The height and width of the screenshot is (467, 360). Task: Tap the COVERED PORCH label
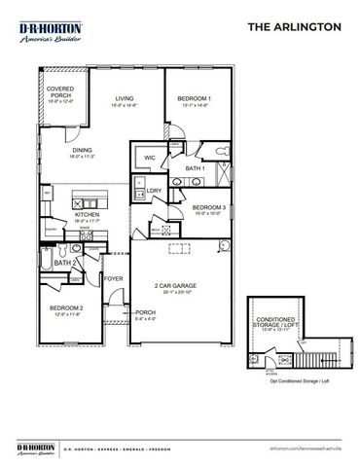60,94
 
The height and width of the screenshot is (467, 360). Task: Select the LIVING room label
125,100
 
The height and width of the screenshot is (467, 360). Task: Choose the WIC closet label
150,156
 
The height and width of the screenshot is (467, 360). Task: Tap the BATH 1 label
194,168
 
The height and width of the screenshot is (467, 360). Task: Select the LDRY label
154,191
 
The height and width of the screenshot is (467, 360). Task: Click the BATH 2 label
65,263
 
